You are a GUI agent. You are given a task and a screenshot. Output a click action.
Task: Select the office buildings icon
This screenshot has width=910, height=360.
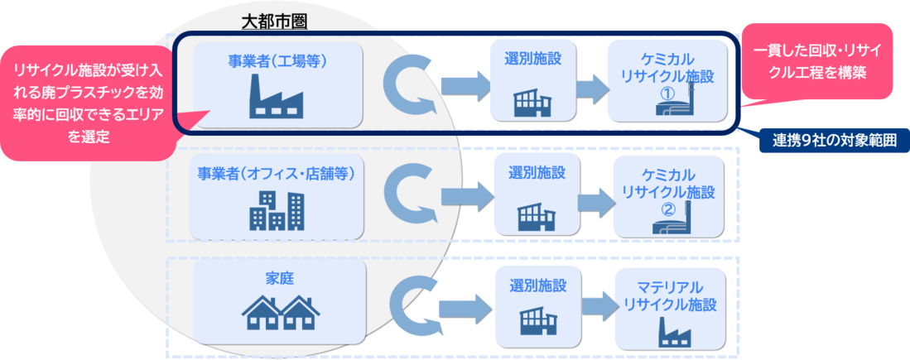[x=277, y=210]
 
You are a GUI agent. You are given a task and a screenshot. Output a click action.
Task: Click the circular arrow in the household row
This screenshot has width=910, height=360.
[x=411, y=305]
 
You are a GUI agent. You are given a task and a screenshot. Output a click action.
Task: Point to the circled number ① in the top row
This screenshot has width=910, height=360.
[x=665, y=94]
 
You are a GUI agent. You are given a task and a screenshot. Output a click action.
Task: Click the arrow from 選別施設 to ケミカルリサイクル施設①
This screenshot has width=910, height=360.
[x=590, y=87]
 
